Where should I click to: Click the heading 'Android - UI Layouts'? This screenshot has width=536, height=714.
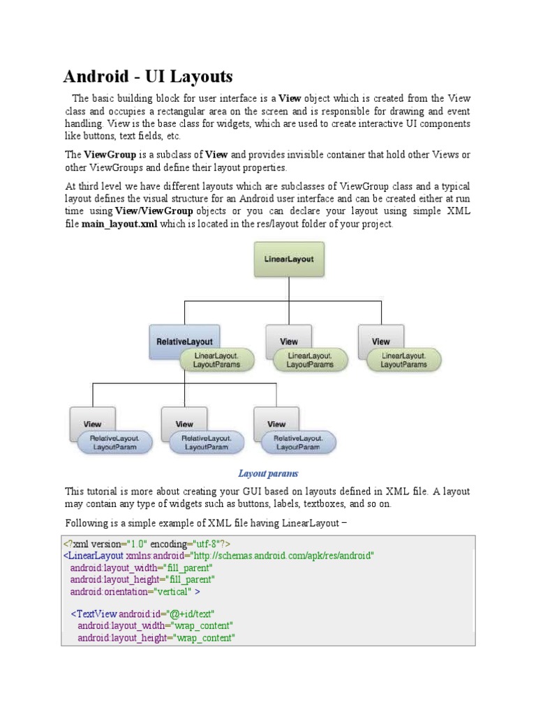[x=148, y=77]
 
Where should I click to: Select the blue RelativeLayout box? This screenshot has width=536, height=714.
[x=184, y=341]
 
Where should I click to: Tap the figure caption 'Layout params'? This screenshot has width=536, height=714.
[x=268, y=473]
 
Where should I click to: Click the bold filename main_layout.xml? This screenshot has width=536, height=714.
[x=119, y=224]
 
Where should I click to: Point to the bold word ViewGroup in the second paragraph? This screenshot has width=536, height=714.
[x=107, y=155]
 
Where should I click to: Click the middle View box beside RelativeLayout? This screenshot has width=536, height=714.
[x=288, y=342]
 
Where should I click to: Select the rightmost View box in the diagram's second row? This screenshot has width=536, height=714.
[x=380, y=342]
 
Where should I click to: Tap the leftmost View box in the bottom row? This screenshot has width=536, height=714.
[x=92, y=423]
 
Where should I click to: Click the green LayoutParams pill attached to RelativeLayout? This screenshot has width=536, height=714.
[x=216, y=360]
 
